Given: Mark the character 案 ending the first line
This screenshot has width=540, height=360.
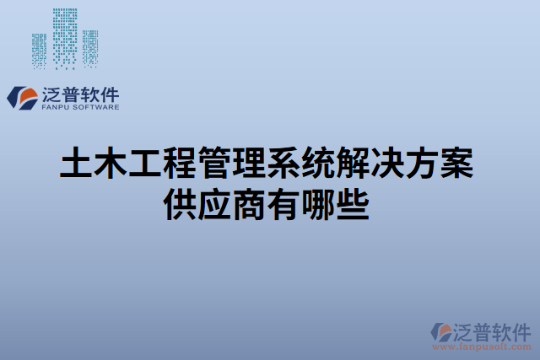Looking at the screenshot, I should (x=458, y=164).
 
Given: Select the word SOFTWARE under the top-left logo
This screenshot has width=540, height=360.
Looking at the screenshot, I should (x=94, y=107).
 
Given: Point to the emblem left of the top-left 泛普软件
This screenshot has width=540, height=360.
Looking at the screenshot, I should (x=20, y=96).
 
